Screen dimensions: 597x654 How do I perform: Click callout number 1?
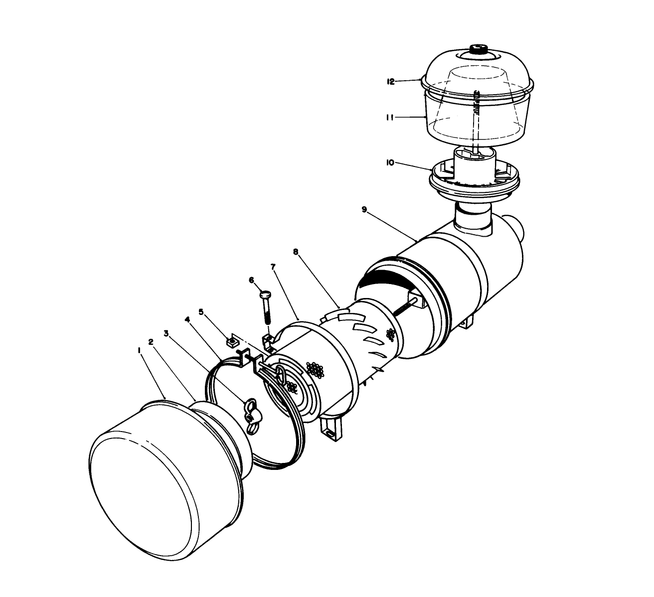pyautogui.click(x=139, y=350)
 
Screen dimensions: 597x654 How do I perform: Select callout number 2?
pyautogui.click(x=151, y=341)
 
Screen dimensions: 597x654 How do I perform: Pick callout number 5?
pyautogui.click(x=201, y=312)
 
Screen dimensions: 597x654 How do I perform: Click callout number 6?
pyautogui.click(x=252, y=281)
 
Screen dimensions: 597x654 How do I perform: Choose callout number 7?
pyautogui.click(x=273, y=267)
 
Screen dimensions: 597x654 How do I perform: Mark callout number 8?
pyautogui.click(x=296, y=252)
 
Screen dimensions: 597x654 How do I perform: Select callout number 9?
pyautogui.click(x=364, y=210)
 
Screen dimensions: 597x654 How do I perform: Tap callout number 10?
pyautogui.click(x=390, y=162)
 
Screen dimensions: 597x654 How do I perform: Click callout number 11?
pyautogui.click(x=391, y=118)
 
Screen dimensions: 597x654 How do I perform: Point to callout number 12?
pyautogui.click(x=391, y=81)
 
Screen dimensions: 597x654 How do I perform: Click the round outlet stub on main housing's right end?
pyautogui.click(x=520, y=230)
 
